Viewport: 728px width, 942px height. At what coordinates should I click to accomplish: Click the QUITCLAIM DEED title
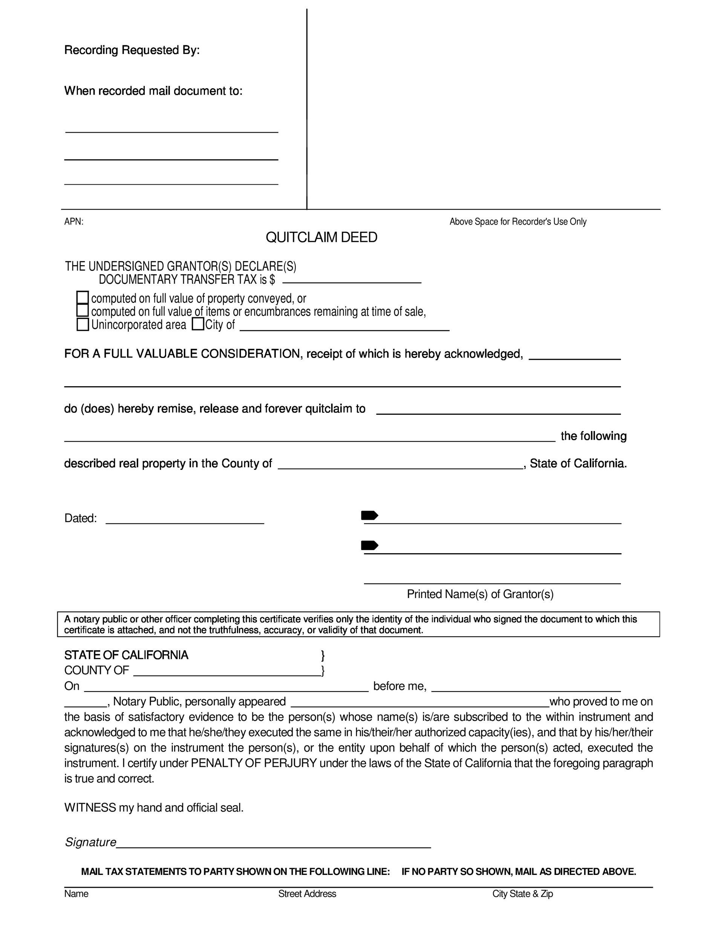(321, 237)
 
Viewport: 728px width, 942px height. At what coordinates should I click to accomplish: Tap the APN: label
(74, 222)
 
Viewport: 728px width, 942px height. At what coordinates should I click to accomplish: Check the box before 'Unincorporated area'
(83, 324)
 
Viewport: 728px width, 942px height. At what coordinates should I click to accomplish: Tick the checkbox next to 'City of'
(198, 324)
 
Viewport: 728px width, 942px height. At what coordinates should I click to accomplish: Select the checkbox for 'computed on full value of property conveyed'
(83, 298)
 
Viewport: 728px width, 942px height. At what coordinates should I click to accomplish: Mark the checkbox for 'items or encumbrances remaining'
(83, 310)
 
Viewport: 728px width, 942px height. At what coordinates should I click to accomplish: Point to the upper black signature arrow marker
(369, 515)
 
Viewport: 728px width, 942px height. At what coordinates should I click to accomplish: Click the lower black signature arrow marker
(369, 546)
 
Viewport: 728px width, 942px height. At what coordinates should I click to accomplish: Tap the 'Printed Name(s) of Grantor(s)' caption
(480, 594)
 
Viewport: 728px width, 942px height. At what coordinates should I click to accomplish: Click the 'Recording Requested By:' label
(132, 50)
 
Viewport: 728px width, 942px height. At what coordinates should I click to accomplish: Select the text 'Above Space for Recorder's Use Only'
(518, 222)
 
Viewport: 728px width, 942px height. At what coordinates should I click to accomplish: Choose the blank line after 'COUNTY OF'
(227, 671)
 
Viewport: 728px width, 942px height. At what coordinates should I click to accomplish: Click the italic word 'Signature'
(90, 843)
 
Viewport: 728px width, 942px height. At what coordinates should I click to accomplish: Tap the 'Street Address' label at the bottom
(307, 894)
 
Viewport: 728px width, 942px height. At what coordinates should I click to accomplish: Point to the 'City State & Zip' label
(523, 894)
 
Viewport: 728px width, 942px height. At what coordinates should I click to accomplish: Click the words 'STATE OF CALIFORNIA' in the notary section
(126, 655)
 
